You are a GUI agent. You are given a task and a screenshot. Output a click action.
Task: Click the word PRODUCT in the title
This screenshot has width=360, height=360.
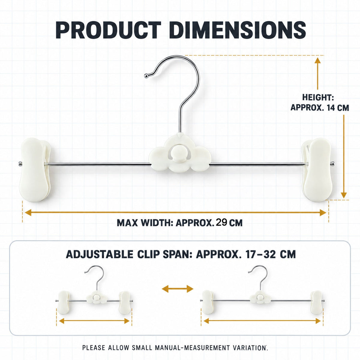(108, 30)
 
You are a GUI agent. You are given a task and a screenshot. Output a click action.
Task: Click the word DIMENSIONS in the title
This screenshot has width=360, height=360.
(237, 30)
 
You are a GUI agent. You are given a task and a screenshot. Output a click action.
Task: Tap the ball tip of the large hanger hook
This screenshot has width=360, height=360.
(146, 76)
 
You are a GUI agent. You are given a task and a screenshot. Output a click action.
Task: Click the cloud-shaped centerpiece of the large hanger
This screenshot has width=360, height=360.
(180, 153)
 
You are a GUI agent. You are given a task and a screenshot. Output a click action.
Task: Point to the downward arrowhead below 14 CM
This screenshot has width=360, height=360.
(344, 195)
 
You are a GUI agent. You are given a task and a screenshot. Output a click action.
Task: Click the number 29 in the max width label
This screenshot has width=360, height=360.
(221, 223)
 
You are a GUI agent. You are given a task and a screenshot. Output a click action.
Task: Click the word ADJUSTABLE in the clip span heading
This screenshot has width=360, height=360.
(100, 254)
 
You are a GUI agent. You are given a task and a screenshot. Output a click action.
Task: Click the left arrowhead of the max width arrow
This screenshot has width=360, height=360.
(28, 213)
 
